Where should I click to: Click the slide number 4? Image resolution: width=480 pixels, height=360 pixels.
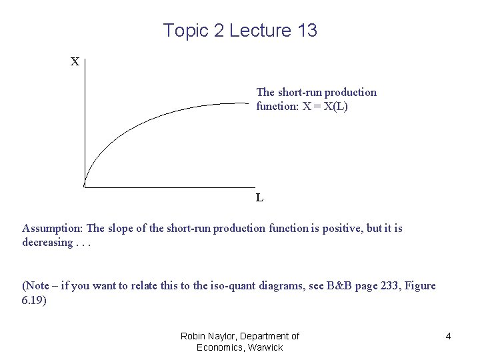[x=448, y=337]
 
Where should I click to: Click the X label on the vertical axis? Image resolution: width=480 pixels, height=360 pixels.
[x=75, y=62]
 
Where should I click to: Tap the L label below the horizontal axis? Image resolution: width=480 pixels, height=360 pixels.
[x=259, y=197]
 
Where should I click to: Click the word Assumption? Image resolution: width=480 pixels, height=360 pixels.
[x=51, y=229]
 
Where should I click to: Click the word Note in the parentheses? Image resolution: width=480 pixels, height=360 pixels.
[x=39, y=286]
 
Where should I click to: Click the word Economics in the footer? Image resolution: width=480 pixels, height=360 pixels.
[x=219, y=347]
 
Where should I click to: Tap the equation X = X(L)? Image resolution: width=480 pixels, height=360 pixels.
[x=324, y=106]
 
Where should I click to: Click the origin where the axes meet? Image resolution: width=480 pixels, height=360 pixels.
[x=85, y=187]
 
